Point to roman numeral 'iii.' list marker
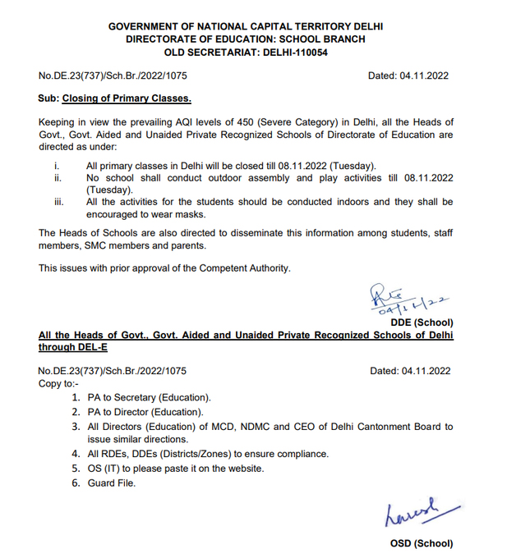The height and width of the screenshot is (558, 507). (x=58, y=202)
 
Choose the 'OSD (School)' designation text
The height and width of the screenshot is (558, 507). (x=420, y=543)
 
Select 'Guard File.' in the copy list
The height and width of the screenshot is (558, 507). (x=112, y=483)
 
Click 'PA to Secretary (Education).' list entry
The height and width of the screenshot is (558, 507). (x=149, y=397)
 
